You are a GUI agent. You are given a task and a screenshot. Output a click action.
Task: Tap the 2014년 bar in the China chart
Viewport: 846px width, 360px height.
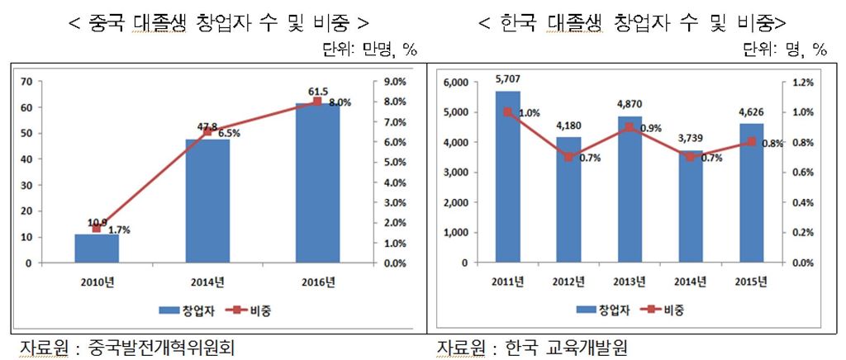click(207, 201)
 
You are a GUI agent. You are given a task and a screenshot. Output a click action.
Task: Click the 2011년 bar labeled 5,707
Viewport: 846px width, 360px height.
click(508, 178)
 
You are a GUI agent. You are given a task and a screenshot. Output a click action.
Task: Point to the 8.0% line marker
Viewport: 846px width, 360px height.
click(317, 102)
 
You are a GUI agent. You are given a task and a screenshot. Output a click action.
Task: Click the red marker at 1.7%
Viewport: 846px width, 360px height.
click(97, 229)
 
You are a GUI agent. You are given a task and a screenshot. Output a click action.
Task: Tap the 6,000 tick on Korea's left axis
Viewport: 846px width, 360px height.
click(455, 82)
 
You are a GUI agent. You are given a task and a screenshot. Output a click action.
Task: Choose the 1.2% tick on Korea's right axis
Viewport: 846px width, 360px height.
click(804, 82)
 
